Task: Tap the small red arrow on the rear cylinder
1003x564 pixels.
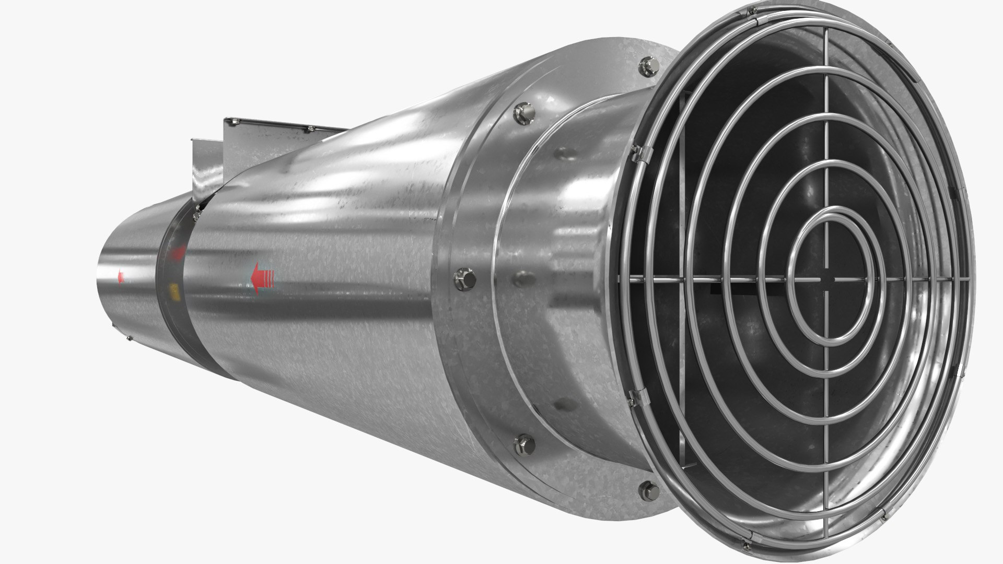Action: pyautogui.click(x=121, y=277)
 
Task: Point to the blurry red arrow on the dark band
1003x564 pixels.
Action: pyautogui.click(x=178, y=253)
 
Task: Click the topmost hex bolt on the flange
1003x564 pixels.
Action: pyautogui.click(x=646, y=64)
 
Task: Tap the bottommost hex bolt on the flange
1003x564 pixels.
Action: pyautogui.click(x=648, y=490)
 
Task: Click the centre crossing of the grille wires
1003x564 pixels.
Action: pyautogui.click(x=826, y=280)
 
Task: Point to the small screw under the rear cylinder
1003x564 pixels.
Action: pyautogui.click(x=130, y=339)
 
